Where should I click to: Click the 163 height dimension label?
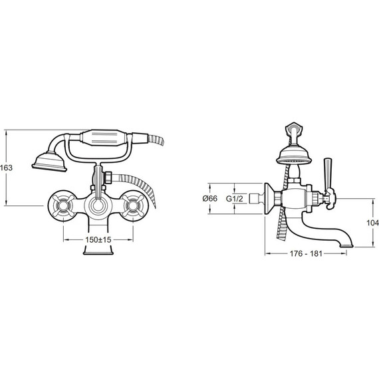(6, 168)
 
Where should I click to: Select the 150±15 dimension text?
(98, 240)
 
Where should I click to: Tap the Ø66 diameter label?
(210, 198)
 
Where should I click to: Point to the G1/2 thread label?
(234, 199)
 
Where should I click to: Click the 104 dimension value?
(373, 223)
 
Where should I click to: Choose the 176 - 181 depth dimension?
(306, 253)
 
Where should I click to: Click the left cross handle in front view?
(63, 205)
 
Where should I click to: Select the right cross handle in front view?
(133, 205)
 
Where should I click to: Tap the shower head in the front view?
(49, 162)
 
